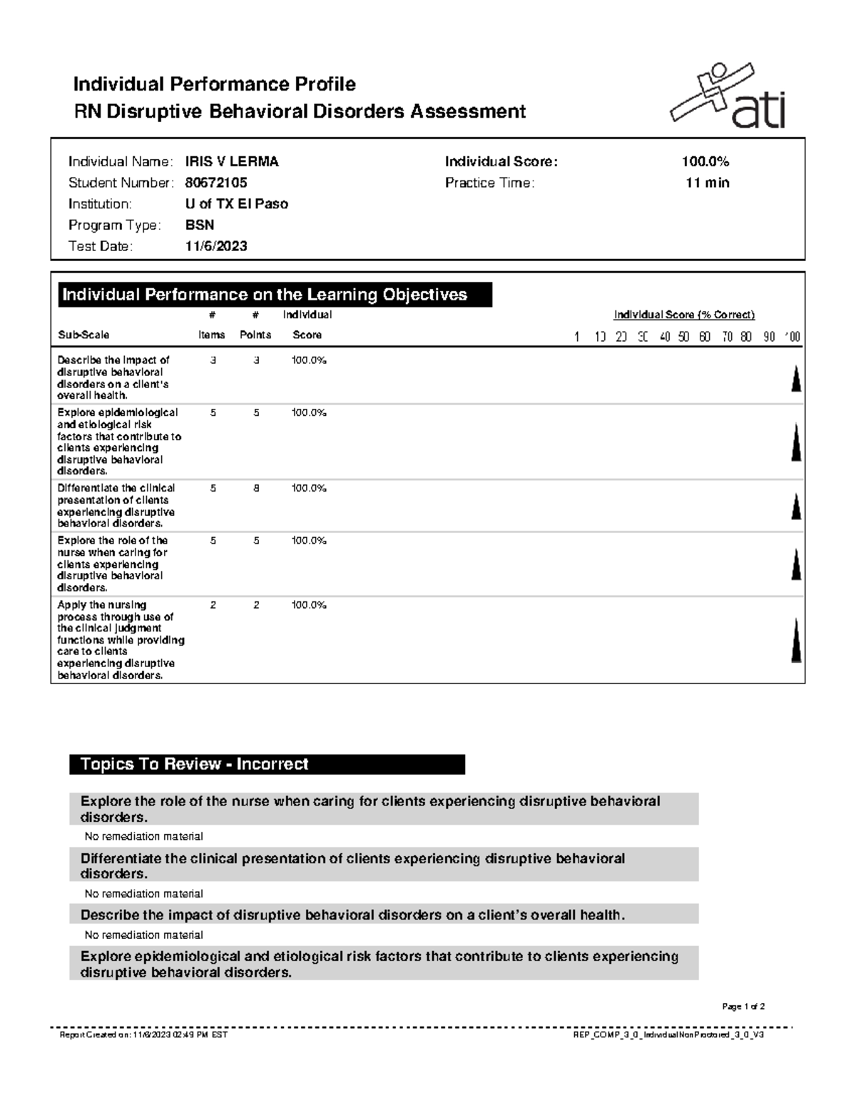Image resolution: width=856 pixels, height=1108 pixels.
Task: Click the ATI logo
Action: point(728,96)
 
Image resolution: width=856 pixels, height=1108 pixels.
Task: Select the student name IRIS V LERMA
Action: point(232,162)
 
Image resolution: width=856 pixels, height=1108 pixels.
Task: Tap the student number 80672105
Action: point(216,183)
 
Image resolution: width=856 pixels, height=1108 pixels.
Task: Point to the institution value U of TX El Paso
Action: point(237,204)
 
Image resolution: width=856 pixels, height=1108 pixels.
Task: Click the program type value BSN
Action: point(200,225)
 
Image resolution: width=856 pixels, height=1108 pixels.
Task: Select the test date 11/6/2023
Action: point(216,246)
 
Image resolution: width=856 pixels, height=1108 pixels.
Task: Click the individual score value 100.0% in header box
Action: point(705,162)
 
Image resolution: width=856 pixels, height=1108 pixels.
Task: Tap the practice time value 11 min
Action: point(707,183)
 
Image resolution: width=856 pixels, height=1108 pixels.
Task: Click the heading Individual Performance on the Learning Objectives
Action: point(265,295)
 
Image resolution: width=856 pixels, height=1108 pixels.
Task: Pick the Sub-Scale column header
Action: point(83,335)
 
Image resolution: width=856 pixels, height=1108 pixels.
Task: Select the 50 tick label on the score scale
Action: point(684,337)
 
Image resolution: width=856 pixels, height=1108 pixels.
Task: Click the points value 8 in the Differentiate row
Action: point(256,489)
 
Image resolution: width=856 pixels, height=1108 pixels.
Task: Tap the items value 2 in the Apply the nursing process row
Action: point(213,605)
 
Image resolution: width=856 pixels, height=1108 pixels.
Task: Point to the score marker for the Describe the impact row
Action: point(796,378)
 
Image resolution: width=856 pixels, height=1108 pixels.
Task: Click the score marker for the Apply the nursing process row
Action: point(796,641)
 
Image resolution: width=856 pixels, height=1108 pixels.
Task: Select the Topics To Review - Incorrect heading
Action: point(195,764)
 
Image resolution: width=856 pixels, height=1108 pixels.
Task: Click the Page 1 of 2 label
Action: point(743,1007)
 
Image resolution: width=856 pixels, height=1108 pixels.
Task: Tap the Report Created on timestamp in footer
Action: point(143,1035)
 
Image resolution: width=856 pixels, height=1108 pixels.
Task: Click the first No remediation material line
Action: point(144,836)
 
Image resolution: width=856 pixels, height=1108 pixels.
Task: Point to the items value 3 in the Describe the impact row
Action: point(213,360)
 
